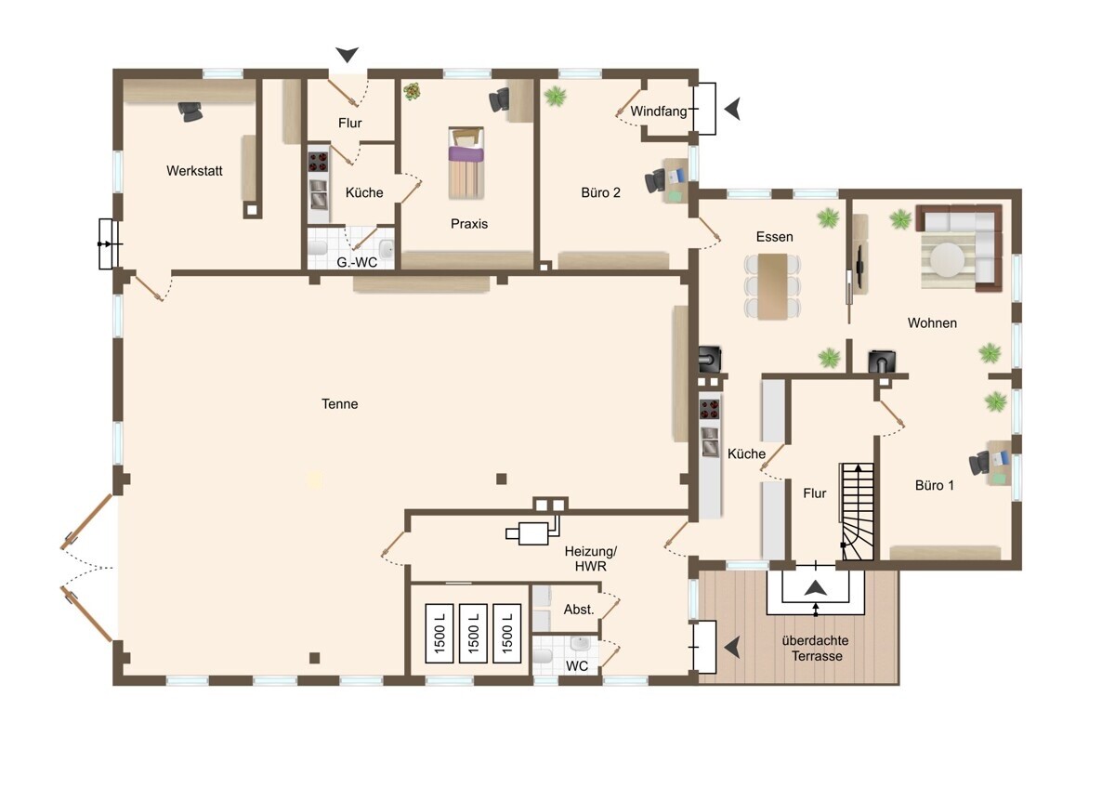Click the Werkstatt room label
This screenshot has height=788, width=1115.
(194, 171)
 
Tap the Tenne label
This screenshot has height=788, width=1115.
(339, 403)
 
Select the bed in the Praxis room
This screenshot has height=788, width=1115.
(466, 163)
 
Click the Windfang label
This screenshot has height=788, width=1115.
(658, 111)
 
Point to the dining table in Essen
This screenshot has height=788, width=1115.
(772, 286)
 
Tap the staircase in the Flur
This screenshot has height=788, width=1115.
(858, 511)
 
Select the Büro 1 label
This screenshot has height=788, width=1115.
(935, 485)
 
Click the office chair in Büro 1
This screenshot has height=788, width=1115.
(978, 463)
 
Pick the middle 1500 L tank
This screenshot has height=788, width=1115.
(473, 633)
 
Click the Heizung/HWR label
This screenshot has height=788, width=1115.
(591, 558)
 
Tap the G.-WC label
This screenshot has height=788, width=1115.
(357, 262)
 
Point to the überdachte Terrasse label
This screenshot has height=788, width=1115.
(816, 648)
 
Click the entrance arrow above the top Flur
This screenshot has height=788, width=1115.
(347, 54)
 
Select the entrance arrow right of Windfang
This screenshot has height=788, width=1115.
(732, 109)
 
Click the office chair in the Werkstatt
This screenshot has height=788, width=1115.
(190, 112)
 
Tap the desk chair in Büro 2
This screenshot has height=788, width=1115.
(655, 180)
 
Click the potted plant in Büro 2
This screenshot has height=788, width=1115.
(555, 96)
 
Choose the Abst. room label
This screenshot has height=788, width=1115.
(579, 610)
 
